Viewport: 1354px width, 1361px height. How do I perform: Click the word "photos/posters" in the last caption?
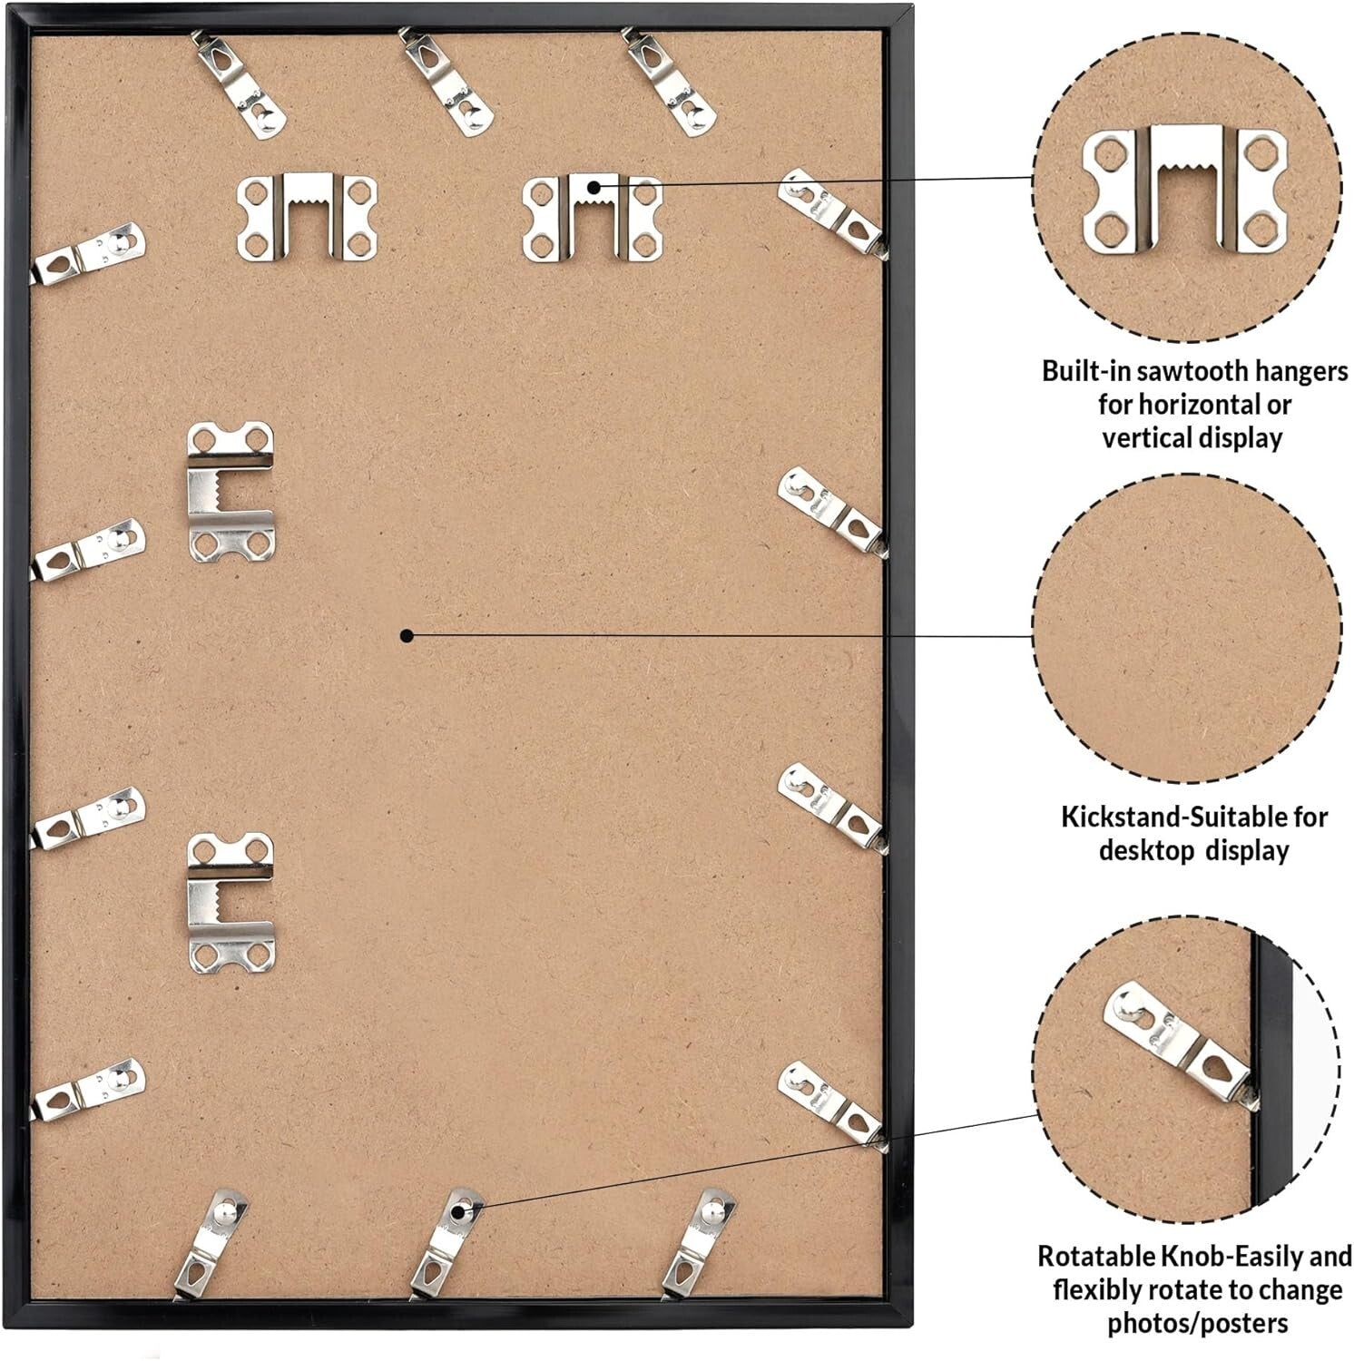pos(1197,1323)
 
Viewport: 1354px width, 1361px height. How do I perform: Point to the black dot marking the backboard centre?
pos(407,636)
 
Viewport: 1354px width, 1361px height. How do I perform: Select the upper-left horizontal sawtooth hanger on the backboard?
pos(307,217)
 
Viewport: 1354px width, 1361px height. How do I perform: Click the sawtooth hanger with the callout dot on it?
pos(593,217)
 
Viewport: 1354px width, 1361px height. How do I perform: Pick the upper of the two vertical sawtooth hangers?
pos(231,491)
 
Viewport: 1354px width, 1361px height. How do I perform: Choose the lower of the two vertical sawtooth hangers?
pos(231,900)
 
